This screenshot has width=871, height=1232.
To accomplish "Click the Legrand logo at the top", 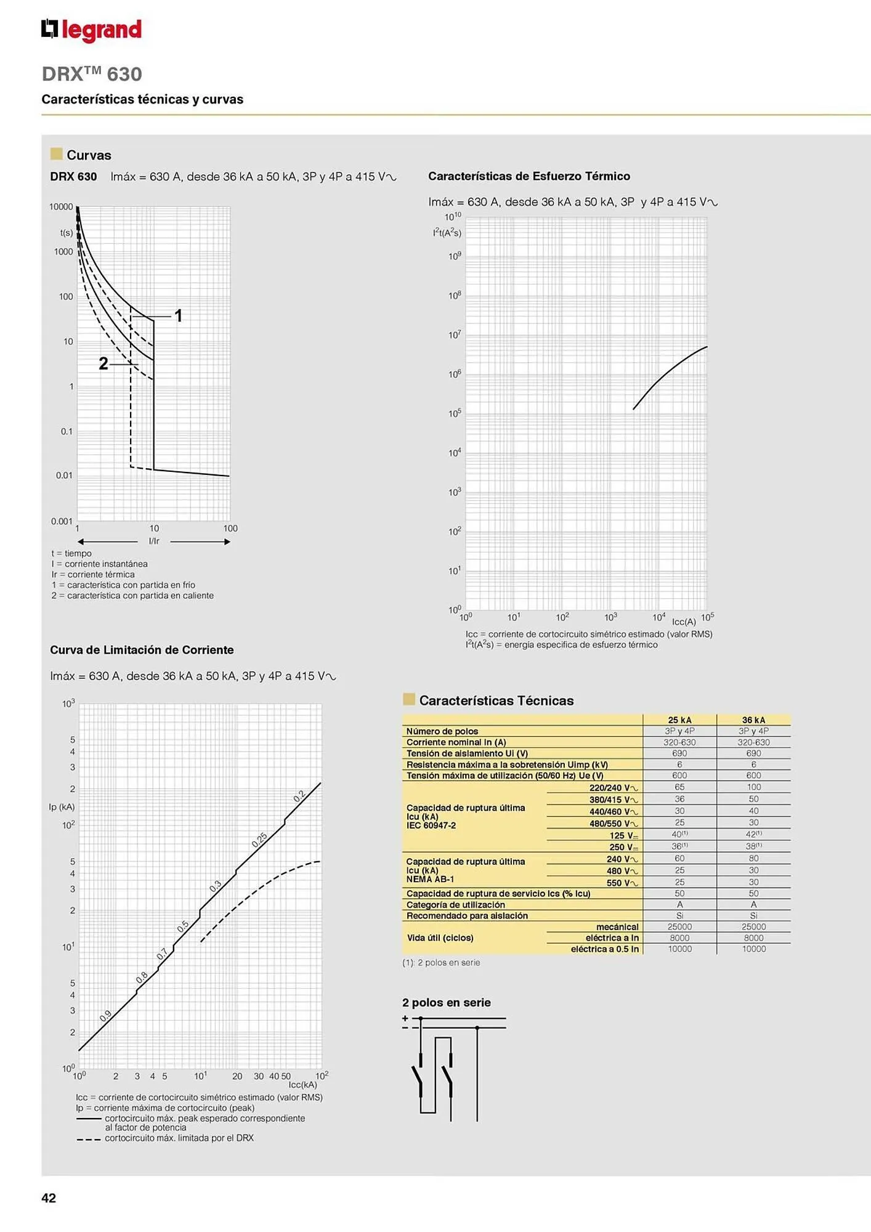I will (91, 30).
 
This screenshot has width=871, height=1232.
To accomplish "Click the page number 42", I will (49, 1198).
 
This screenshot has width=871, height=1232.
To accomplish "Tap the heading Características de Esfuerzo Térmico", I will (529, 176).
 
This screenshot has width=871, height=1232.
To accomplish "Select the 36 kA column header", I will (753, 719).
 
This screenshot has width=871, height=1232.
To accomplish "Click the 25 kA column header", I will (679, 719).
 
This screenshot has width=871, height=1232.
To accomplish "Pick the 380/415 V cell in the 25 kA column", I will (679, 799).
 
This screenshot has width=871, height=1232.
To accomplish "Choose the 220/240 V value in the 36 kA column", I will (753, 787).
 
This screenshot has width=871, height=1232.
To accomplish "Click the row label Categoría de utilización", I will (456, 904).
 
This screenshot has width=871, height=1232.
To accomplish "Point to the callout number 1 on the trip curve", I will (178, 316).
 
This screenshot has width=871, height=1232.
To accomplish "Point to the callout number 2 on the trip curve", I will (103, 364).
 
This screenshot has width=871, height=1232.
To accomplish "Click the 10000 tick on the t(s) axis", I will (61, 207).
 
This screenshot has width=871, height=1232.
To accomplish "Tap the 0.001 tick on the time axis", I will (62, 521).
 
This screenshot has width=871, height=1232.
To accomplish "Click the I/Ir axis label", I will (154, 541).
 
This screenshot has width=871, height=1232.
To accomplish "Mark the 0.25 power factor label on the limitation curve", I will (259, 840).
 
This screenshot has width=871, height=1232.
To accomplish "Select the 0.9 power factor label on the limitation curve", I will (105, 1016).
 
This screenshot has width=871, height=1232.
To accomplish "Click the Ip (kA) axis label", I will (62, 807).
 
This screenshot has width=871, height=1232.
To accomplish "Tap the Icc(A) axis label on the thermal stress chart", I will (683, 622).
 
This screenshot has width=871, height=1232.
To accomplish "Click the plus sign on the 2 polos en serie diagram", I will (405, 1018).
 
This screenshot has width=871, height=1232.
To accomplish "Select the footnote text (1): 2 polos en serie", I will (440, 962).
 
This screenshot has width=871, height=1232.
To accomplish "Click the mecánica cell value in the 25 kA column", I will (679, 926).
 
